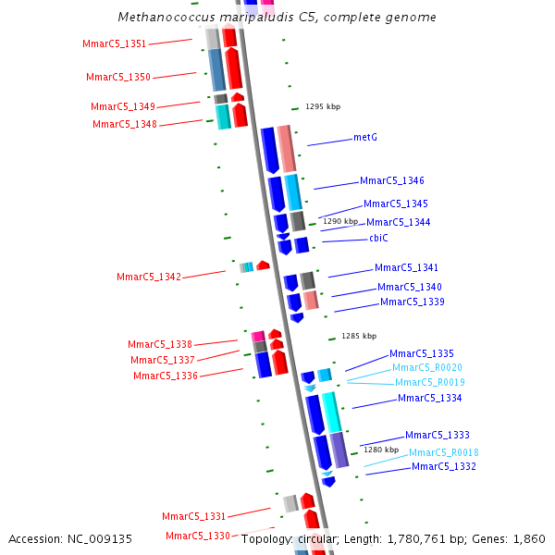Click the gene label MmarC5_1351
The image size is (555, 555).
point(114,44)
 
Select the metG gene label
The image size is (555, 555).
point(365,138)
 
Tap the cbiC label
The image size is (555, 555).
point(378,239)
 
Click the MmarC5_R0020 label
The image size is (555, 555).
point(426,368)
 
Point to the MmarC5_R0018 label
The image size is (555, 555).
point(444,452)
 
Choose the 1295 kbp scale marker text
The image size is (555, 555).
point(323,107)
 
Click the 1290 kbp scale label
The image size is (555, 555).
point(339,222)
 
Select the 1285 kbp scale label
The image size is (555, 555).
point(359,337)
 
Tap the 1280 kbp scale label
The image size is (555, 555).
point(380,450)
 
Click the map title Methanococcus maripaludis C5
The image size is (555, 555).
point(277,18)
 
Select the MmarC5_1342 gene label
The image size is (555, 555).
point(149,277)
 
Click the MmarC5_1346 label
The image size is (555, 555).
point(392,181)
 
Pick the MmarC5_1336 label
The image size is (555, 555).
point(166,376)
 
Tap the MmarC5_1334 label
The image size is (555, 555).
point(429,399)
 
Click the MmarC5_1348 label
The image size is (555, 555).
point(125,125)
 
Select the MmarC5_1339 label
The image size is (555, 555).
point(412,302)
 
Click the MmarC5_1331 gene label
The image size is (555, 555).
point(194,516)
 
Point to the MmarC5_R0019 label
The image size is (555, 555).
point(429,383)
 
